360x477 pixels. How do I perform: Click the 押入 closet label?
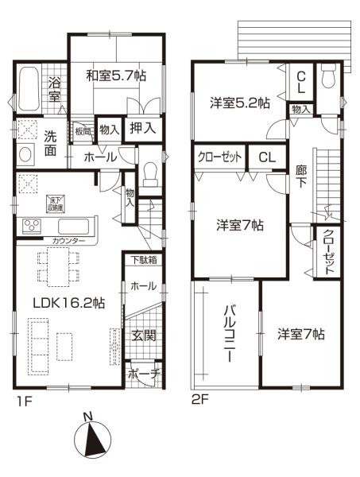point(143,128)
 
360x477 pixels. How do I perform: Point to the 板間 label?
point(83,130)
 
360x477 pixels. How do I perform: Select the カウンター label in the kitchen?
point(70,240)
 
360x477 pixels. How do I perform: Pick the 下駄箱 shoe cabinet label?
point(144,259)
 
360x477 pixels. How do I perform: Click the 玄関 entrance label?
point(144,335)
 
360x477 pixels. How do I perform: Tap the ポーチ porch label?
point(144,373)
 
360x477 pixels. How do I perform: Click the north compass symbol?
point(93,436)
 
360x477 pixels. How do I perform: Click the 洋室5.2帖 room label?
point(239,103)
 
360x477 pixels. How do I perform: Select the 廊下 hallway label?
point(300,176)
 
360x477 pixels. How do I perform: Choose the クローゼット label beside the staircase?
point(327,251)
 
